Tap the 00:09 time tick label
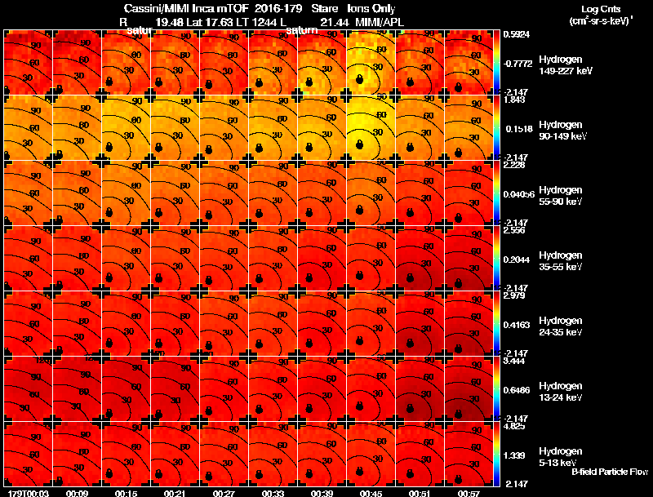pyautogui.click(x=78, y=493)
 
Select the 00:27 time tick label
pyautogui.click(x=224, y=493)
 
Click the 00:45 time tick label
pyautogui.click(x=371, y=493)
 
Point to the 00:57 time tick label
pyautogui.click(x=469, y=493)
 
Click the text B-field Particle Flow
pyautogui.click(x=609, y=472)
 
